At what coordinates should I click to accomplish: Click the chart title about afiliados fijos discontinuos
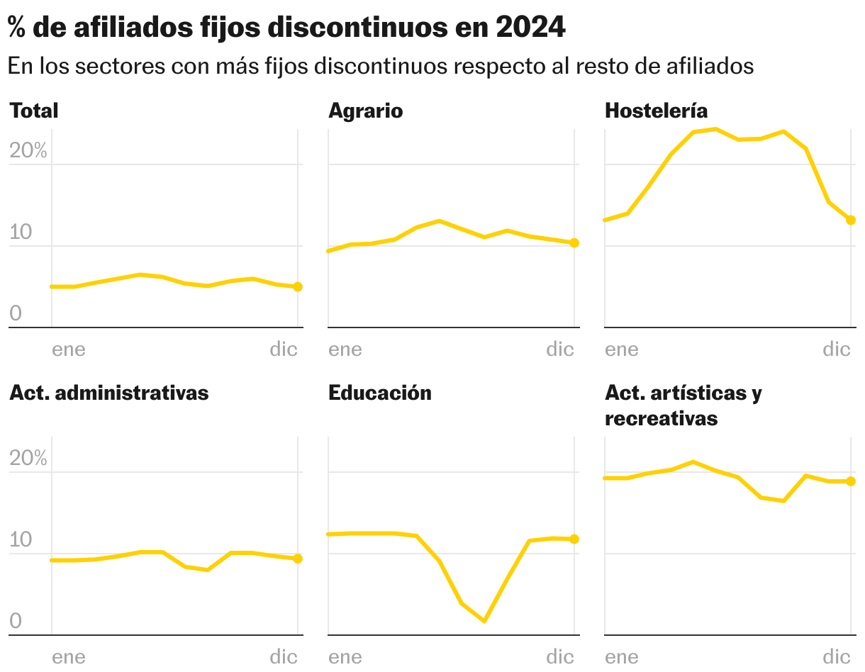286,28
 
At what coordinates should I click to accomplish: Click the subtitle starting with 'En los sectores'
380,66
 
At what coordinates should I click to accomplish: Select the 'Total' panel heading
33,111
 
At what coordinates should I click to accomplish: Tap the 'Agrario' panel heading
365,111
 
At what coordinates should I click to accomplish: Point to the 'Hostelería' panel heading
656,111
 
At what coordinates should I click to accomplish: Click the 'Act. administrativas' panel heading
108,393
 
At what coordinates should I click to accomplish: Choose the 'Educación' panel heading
379,393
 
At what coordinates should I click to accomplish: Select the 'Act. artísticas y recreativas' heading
683,405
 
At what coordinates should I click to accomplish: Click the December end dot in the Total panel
298,286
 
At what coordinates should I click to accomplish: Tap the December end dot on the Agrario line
574,242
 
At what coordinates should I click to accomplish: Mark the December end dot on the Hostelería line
851,220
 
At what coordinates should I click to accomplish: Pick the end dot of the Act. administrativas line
298,559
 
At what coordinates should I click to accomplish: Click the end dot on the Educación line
574,539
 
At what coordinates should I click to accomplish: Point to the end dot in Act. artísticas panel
851,481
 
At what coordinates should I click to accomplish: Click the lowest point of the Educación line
484,621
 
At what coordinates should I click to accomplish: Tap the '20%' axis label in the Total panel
28,150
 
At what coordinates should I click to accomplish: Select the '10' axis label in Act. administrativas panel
21,539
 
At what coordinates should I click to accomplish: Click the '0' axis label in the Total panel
15,313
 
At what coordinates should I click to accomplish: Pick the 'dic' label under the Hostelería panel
836,349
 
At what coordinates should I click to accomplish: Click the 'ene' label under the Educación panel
345,656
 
